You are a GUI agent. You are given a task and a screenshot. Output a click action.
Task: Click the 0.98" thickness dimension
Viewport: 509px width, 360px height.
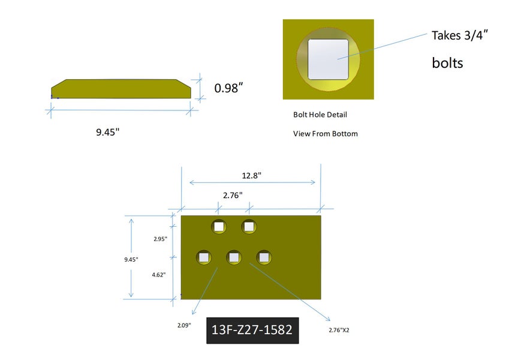coord(228,88)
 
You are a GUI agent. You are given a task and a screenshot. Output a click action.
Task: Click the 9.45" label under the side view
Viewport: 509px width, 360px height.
coord(108,132)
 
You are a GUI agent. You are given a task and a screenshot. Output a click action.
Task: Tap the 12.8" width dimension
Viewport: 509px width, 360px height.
coord(252,175)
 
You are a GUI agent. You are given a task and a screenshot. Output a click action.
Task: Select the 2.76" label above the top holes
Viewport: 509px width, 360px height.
coord(233,195)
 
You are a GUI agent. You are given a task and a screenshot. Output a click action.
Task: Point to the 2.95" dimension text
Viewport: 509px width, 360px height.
coord(160,239)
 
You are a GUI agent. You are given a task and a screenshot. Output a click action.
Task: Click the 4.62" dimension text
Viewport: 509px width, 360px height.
coord(159,275)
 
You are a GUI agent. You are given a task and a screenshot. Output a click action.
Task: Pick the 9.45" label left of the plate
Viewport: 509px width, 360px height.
coord(131,259)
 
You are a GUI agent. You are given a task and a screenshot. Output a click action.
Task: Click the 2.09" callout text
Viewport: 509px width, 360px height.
coord(184,325)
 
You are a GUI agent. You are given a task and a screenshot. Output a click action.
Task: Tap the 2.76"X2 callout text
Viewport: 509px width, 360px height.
coord(339,330)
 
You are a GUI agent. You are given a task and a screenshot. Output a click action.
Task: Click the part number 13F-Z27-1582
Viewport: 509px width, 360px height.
coord(252,330)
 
